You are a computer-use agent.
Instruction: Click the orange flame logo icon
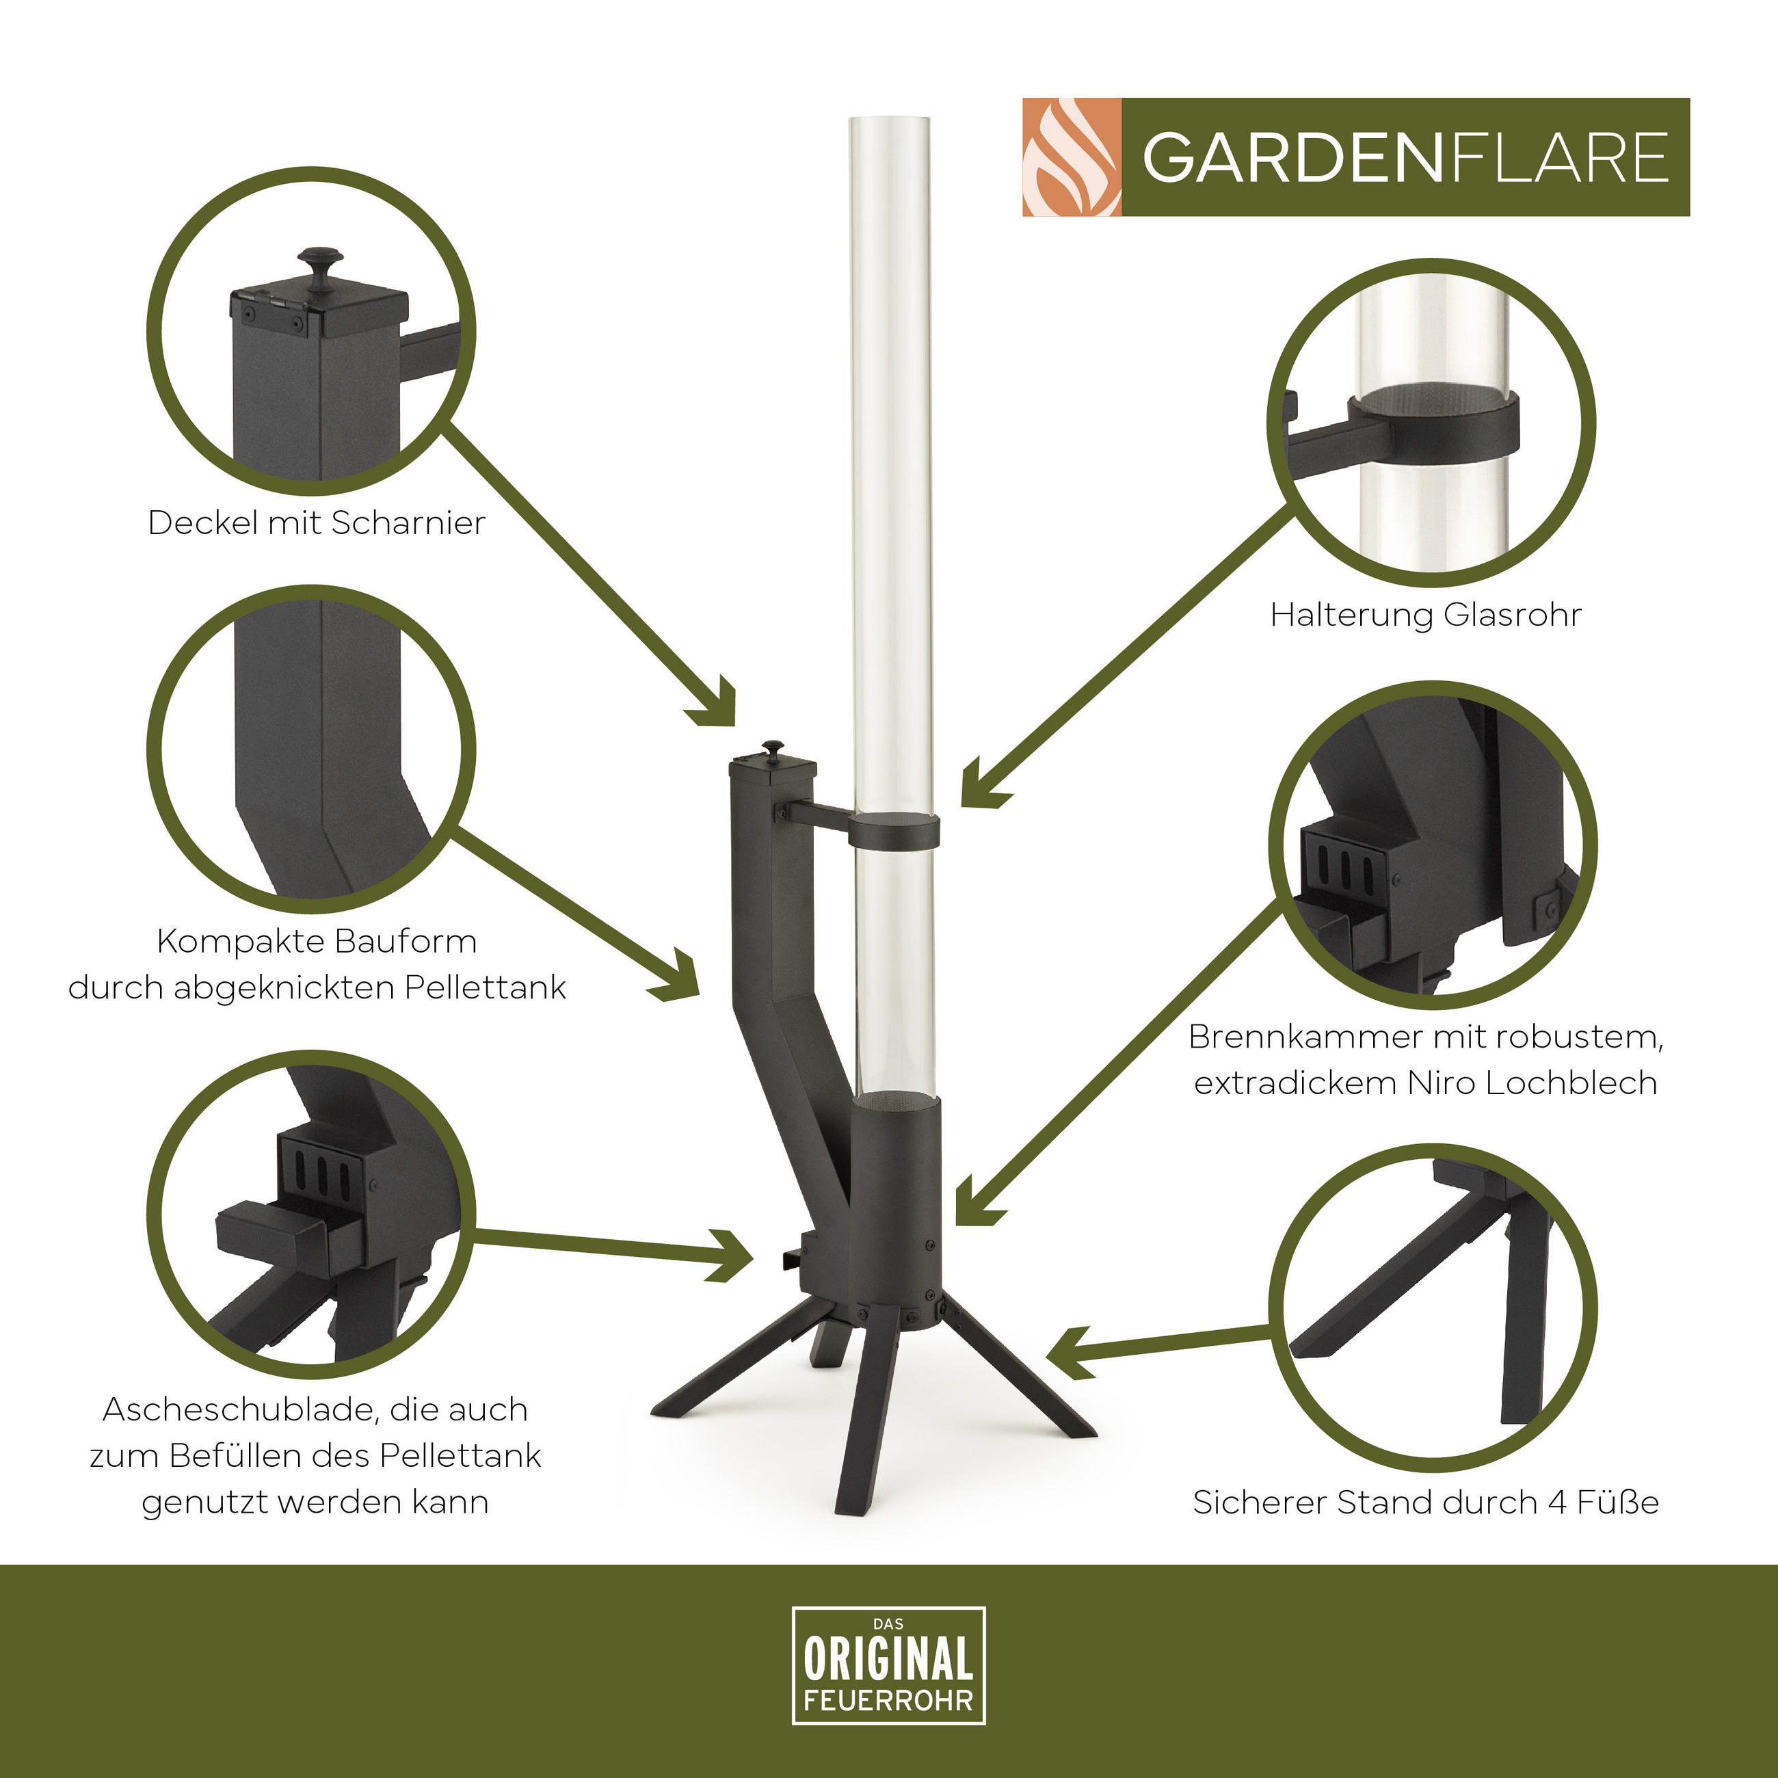(x=1071, y=157)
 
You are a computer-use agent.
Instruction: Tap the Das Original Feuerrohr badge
(x=888, y=1664)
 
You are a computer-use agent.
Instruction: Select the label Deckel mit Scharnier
(x=317, y=522)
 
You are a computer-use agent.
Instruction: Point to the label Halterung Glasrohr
(x=1426, y=614)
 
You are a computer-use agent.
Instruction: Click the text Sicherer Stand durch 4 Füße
(x=1426, y=1501)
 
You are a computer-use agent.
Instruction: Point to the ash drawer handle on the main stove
(x=791, y=1257)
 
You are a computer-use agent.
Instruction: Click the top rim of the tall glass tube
(x=889, y=120)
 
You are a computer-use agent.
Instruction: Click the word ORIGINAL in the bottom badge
(x=888, y=1658)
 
